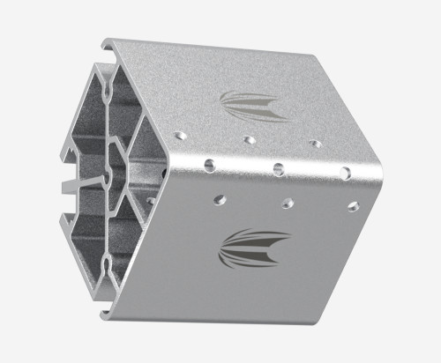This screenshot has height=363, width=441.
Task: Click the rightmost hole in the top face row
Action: click(x=315, y=143)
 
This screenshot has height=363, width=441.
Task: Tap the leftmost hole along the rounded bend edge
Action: click(x=211, y=163)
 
